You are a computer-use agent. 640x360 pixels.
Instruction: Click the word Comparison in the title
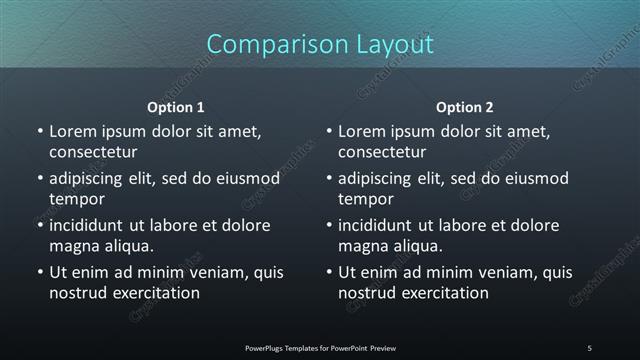point(269,45)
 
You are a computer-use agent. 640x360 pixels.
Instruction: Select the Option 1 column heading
point(176,107)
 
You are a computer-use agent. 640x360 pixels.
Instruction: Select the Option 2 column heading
point(465,107)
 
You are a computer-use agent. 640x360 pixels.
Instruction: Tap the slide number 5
point(589,348)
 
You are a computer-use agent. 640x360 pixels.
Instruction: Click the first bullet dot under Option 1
point(40,131)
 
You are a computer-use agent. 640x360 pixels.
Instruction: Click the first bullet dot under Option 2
point(329,131)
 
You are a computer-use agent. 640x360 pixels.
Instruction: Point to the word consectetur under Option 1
point(93,152)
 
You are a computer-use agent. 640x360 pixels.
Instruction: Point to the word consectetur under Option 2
point(382,152)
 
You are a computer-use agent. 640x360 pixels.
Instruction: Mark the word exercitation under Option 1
point(155,293)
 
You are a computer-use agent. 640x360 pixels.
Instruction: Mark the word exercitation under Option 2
point(444,293)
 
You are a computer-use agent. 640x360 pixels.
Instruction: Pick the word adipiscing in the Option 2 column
point(381,178)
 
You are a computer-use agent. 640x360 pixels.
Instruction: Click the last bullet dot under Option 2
point(329,272)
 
